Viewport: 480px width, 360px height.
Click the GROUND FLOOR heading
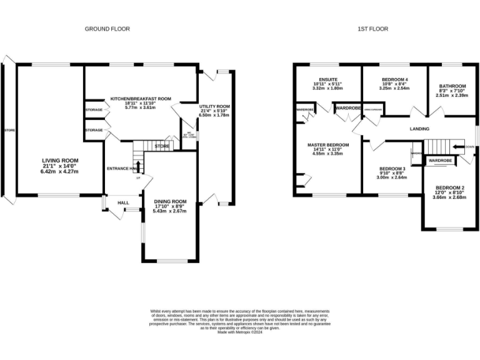coord(107,29)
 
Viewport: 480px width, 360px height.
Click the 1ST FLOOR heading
coord(372,29)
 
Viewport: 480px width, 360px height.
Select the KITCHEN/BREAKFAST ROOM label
coord(141,99)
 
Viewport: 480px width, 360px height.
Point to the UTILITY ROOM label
coord(214,107)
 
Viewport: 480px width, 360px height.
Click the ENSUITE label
coord(328,79)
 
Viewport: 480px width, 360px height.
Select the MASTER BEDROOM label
coord(327,145)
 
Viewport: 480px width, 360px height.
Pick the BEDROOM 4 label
coord(394,79)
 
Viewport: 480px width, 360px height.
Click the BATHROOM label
coord(452,86)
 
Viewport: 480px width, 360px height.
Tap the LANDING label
coord(419,129)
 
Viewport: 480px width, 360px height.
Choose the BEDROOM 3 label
coord(391,169)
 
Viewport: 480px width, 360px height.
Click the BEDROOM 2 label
coord(450,188)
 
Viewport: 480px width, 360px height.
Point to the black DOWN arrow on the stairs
coord(459,148)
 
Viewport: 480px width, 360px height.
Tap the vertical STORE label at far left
coord(8,130)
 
